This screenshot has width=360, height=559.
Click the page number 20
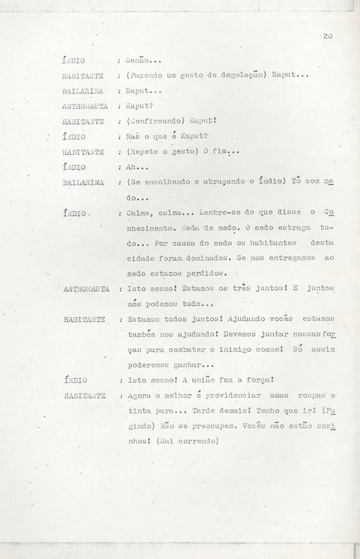[x=327, y=36]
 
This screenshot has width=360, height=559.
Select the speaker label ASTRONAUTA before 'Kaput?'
[x=84, y=106]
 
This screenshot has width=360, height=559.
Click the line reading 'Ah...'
[x=135, y=167]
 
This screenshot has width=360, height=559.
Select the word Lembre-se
[x=220, y=213]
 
